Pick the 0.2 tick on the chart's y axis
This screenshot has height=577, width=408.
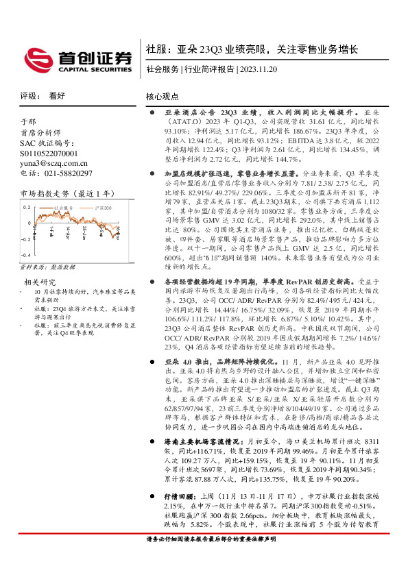26,206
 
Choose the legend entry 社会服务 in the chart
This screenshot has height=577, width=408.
63,206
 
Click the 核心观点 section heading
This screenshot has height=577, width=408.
162,97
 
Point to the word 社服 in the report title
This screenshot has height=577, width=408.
155,49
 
